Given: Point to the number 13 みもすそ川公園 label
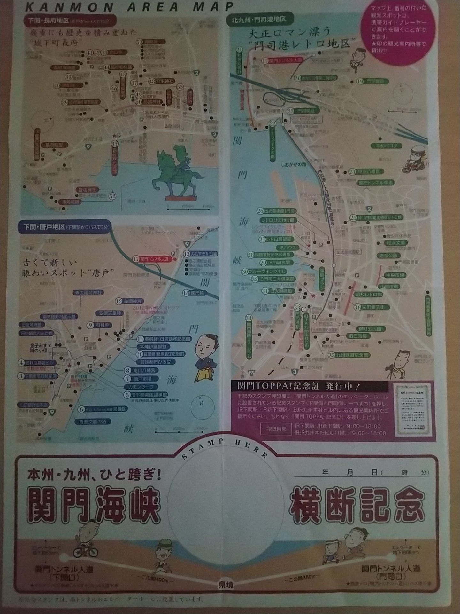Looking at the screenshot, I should coord(201,254).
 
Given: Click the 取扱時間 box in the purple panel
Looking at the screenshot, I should coord(277,429).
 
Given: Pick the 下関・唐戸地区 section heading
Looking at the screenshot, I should coord(65,227).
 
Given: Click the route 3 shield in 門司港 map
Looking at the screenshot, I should coord(295,372).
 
